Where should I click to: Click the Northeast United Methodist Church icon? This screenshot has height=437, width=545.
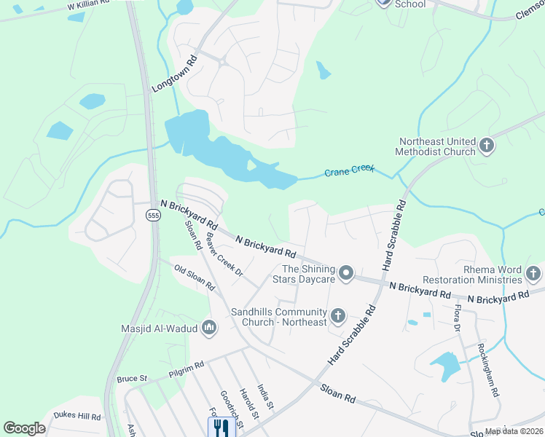(486, 146)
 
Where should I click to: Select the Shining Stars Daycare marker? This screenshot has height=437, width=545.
(346, 274)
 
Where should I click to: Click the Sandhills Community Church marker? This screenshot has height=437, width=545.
(337, 316)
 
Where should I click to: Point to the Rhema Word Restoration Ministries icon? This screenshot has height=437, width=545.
(533, 274)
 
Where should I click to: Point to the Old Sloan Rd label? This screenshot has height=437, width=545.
(194, 277)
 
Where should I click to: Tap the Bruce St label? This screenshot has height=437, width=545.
(132, 379)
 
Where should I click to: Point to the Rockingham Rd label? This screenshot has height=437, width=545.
(487, 370)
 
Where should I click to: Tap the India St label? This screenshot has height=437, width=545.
(265, 396)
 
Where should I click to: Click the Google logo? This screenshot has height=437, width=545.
(25, 428)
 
